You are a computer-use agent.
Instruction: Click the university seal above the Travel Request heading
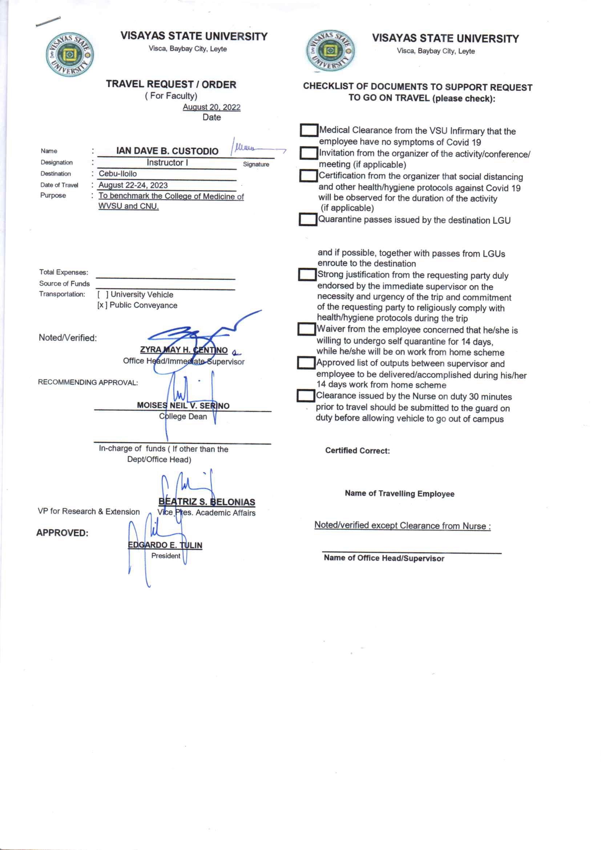(69, 55)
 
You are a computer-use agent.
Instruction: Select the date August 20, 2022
(211, 107)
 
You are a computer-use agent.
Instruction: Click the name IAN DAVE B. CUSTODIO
(167, 151)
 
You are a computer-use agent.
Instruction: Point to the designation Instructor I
(167, 163)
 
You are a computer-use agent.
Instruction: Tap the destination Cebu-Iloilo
(118, 174)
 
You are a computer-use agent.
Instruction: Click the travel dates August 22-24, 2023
(133, 185)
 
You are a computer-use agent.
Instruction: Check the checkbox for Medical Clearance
(308, 130)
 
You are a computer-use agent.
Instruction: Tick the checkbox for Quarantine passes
(307, 220)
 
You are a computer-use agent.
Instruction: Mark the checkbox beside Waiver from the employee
(306, 329)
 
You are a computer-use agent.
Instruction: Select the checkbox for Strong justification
(307, 275)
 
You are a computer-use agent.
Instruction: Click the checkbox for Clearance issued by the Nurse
(305, 396)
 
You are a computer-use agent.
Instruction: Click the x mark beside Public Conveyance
(101, 305)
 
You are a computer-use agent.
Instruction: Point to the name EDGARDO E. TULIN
(165, 545)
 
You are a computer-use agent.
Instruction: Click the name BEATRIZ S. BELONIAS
(206, 502)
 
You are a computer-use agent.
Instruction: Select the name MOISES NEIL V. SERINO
(183, 405)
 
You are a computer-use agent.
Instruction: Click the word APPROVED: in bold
(62, 533)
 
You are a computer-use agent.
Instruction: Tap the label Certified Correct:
(357, 450)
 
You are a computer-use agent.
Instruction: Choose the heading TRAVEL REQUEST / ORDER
(171, 84)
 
